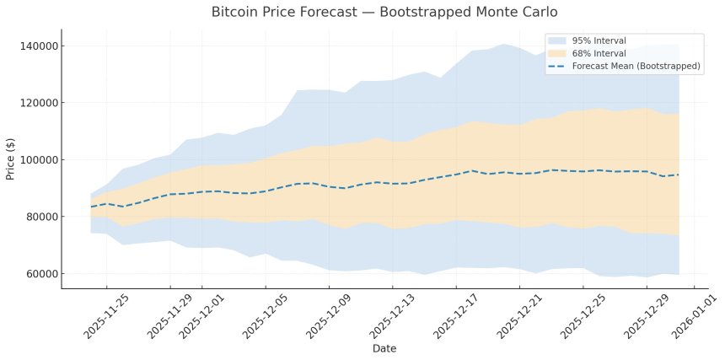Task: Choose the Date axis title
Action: (x=384, y=347)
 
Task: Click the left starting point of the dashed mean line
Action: (x=91, y=207)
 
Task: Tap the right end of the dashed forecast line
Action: (x=679, y=175)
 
